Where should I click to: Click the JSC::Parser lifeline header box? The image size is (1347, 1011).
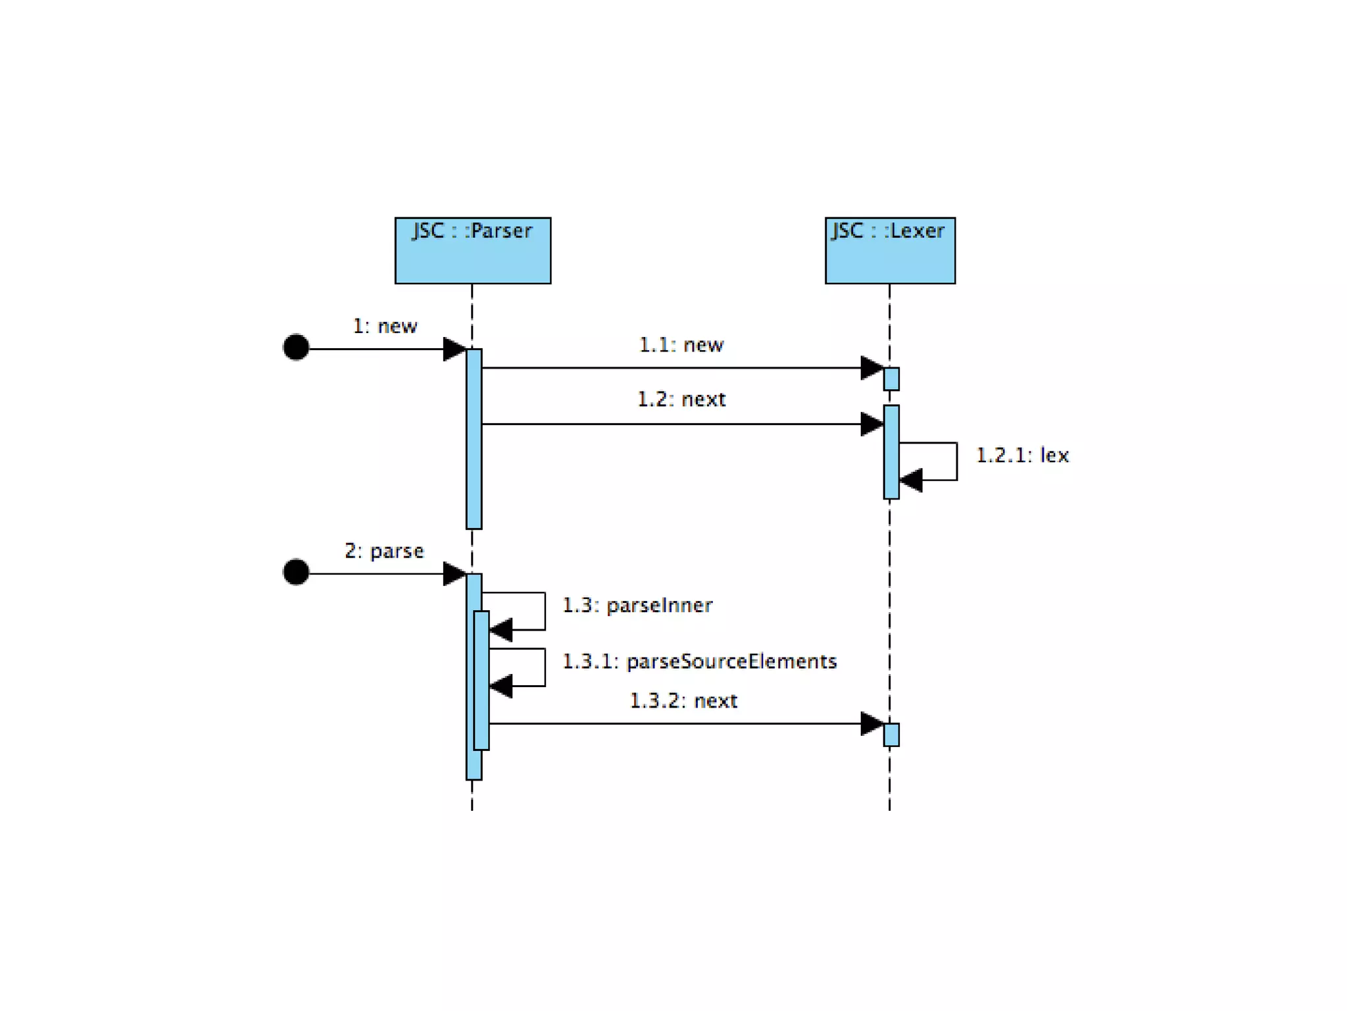pyautogui.click(x=472, y=250)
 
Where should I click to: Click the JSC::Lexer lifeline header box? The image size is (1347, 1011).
pyautogui.click(x=890, y=250)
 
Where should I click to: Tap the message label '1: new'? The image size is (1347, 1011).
pyautogui.click(x=385, y=326)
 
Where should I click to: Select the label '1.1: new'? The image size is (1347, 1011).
pyautogui.click(x=681, y=345)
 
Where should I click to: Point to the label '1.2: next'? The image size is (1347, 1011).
pyautogui.click(x=681, y=400)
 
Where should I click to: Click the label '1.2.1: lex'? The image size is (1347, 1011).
pyautogui.click(x=1022, y=455)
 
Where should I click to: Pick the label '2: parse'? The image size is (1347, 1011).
pyautogui.click(x=384, y=551)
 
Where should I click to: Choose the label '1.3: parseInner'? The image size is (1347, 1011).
pyautogui.click(x=637, y=606)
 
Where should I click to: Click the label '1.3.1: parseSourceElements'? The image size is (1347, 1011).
pyautogui.click(x=699, y=661)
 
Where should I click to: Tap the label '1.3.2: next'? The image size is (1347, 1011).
pyautogui.click(x=683, y=701)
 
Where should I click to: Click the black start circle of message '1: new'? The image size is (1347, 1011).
pyautogui.click(x=296, y=348)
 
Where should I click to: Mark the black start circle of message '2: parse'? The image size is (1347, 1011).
pyautogui.click(x=296, y=572)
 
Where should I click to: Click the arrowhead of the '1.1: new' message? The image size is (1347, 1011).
pyautogui.click(x=871, y=368)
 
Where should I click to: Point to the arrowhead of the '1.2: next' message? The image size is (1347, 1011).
pyautogui.click(x=871, y=424)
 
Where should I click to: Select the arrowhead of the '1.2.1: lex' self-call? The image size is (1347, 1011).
pyautogui.click(x=912, y=480)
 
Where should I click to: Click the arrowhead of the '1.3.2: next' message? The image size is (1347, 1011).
pyautogui.click(x=871, y=723)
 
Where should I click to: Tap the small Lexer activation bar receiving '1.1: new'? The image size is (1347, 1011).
pyautogui.click(x=891, y=379)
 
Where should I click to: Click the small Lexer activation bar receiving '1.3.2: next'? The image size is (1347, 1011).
pyautogui.click(x=891, y=735)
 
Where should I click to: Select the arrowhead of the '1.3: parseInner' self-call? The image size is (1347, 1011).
pyautogui.click(x=501, y=630)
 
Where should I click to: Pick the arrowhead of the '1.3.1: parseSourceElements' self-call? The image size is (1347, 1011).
pyautogui.click(x=501, y=686)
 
